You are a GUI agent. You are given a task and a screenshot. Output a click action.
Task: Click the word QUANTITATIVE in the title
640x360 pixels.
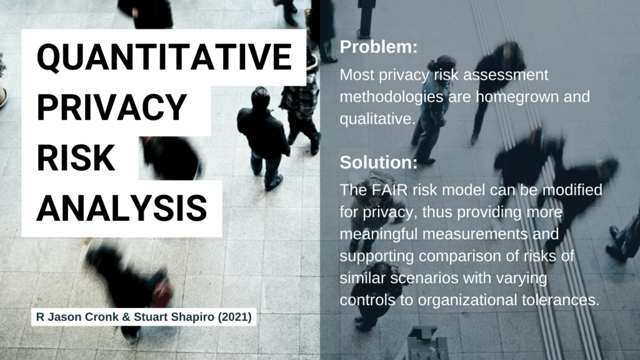pos(164,57)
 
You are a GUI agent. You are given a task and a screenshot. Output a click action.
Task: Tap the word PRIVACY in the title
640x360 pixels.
pos(112,107)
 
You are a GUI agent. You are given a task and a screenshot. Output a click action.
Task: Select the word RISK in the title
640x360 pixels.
pos(76,158)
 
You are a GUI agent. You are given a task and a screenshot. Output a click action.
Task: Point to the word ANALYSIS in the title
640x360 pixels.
pos(122,208)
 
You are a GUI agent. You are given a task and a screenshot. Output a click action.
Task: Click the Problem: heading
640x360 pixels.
pos(379,47)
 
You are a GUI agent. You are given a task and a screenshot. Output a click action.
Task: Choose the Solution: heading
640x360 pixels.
pos(379,162)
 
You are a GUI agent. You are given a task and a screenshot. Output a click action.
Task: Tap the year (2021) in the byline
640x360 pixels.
pos(235,317)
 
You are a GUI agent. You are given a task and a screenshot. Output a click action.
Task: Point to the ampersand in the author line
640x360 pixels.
pos(126,317)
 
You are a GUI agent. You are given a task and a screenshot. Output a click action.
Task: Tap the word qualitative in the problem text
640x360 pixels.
pos(377,119)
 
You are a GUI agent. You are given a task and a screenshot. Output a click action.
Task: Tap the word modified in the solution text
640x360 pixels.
pos(572,190)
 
